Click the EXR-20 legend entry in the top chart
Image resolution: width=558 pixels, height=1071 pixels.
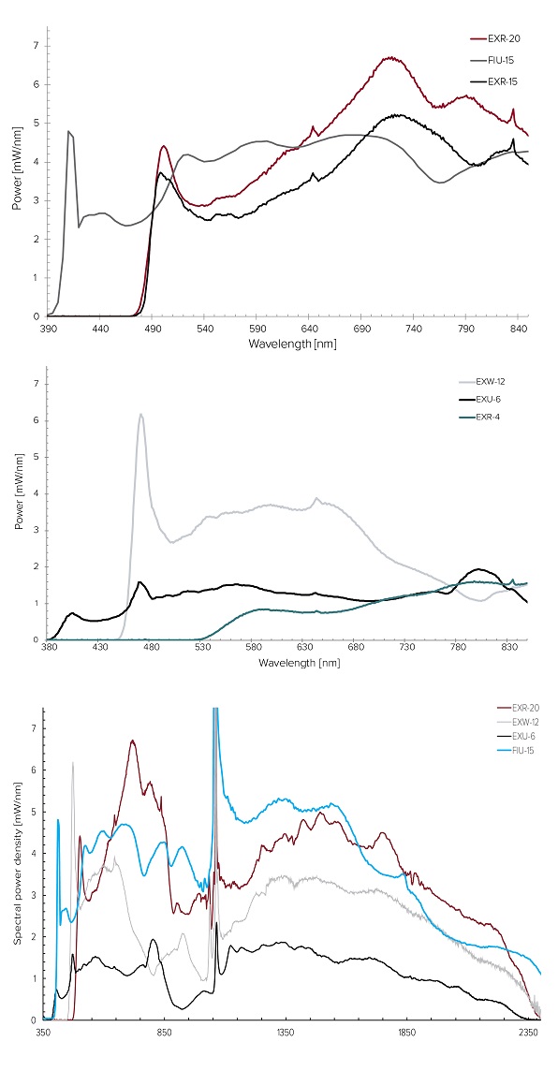tap(492, 38)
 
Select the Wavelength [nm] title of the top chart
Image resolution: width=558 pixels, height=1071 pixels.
tap(292, 343)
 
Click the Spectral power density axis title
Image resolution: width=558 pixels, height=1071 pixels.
tap(20, 865)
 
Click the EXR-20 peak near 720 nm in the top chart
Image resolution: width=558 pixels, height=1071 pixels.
tap(390, 58)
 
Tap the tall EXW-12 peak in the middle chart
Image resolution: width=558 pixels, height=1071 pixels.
tap(140, 414)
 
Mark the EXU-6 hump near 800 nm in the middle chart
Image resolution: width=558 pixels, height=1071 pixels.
tap(478, 569)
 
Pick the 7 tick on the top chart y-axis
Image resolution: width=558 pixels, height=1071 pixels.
tap(37, 46)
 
